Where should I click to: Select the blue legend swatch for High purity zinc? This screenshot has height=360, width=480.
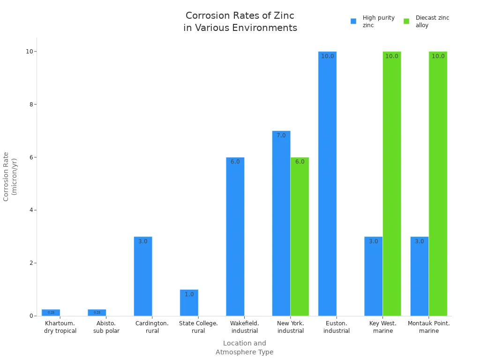tap(353, 21)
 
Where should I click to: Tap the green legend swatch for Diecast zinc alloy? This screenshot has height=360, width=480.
tap(406, 21)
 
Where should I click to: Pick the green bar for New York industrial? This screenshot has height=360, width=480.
tap(300, 237)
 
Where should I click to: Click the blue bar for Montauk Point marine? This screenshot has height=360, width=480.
tap(419, 276)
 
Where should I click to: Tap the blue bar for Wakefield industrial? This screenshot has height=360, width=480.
tap(235, 237)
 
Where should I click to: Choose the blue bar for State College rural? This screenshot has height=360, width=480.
tap(189, 303)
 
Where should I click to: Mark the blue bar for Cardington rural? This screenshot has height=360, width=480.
tap(143, 276)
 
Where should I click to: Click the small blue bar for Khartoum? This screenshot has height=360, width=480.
tap(51, 313)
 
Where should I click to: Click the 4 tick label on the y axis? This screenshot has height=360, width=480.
tap(31, 210)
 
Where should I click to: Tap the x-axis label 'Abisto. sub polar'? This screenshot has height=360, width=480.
tap(106, 327)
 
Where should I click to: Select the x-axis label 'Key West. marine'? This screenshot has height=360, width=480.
tap(382, 327)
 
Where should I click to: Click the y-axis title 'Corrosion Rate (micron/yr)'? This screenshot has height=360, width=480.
tap(10, 176)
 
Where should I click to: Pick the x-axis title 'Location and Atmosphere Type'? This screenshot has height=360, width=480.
tap(244, 348)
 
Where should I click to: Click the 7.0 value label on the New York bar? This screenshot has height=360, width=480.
tap(281, 135)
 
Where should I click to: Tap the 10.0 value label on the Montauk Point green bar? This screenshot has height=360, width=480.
tap(438, 56)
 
